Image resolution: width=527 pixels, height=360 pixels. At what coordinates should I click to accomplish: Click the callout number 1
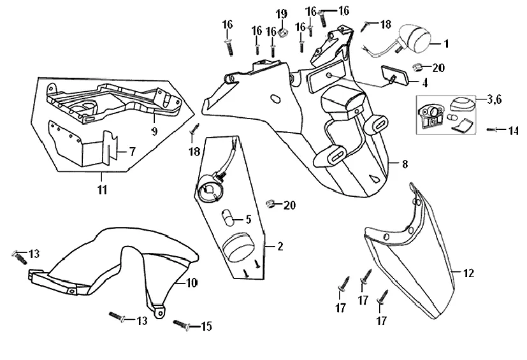446,44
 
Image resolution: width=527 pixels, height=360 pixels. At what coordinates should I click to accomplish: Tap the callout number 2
279,247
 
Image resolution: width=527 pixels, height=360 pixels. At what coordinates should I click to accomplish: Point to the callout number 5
249,220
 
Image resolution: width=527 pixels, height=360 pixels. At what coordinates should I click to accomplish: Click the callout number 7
133,152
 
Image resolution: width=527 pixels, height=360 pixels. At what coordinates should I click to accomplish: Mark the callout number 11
102,189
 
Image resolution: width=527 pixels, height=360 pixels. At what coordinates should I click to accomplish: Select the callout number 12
469,274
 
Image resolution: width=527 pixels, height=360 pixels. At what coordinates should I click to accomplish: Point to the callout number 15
206,326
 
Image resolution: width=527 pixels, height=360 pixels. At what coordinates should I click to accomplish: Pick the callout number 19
281,13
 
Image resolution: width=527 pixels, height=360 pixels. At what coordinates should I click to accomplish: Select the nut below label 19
283,29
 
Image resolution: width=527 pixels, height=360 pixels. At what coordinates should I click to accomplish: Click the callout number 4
424,82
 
